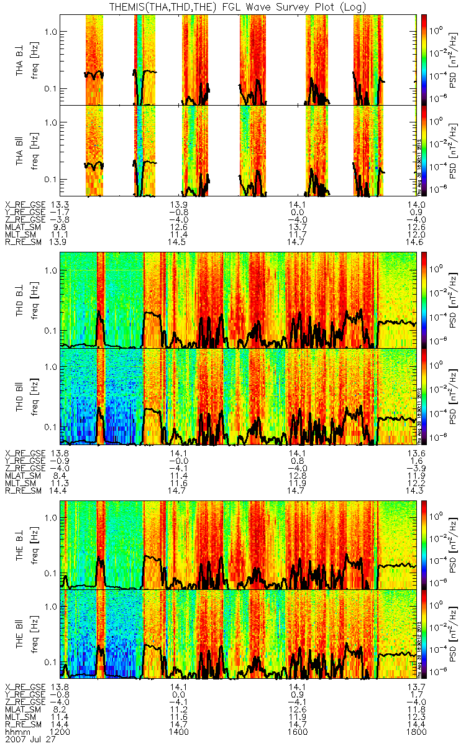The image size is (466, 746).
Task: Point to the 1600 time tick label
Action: (298, 732)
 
